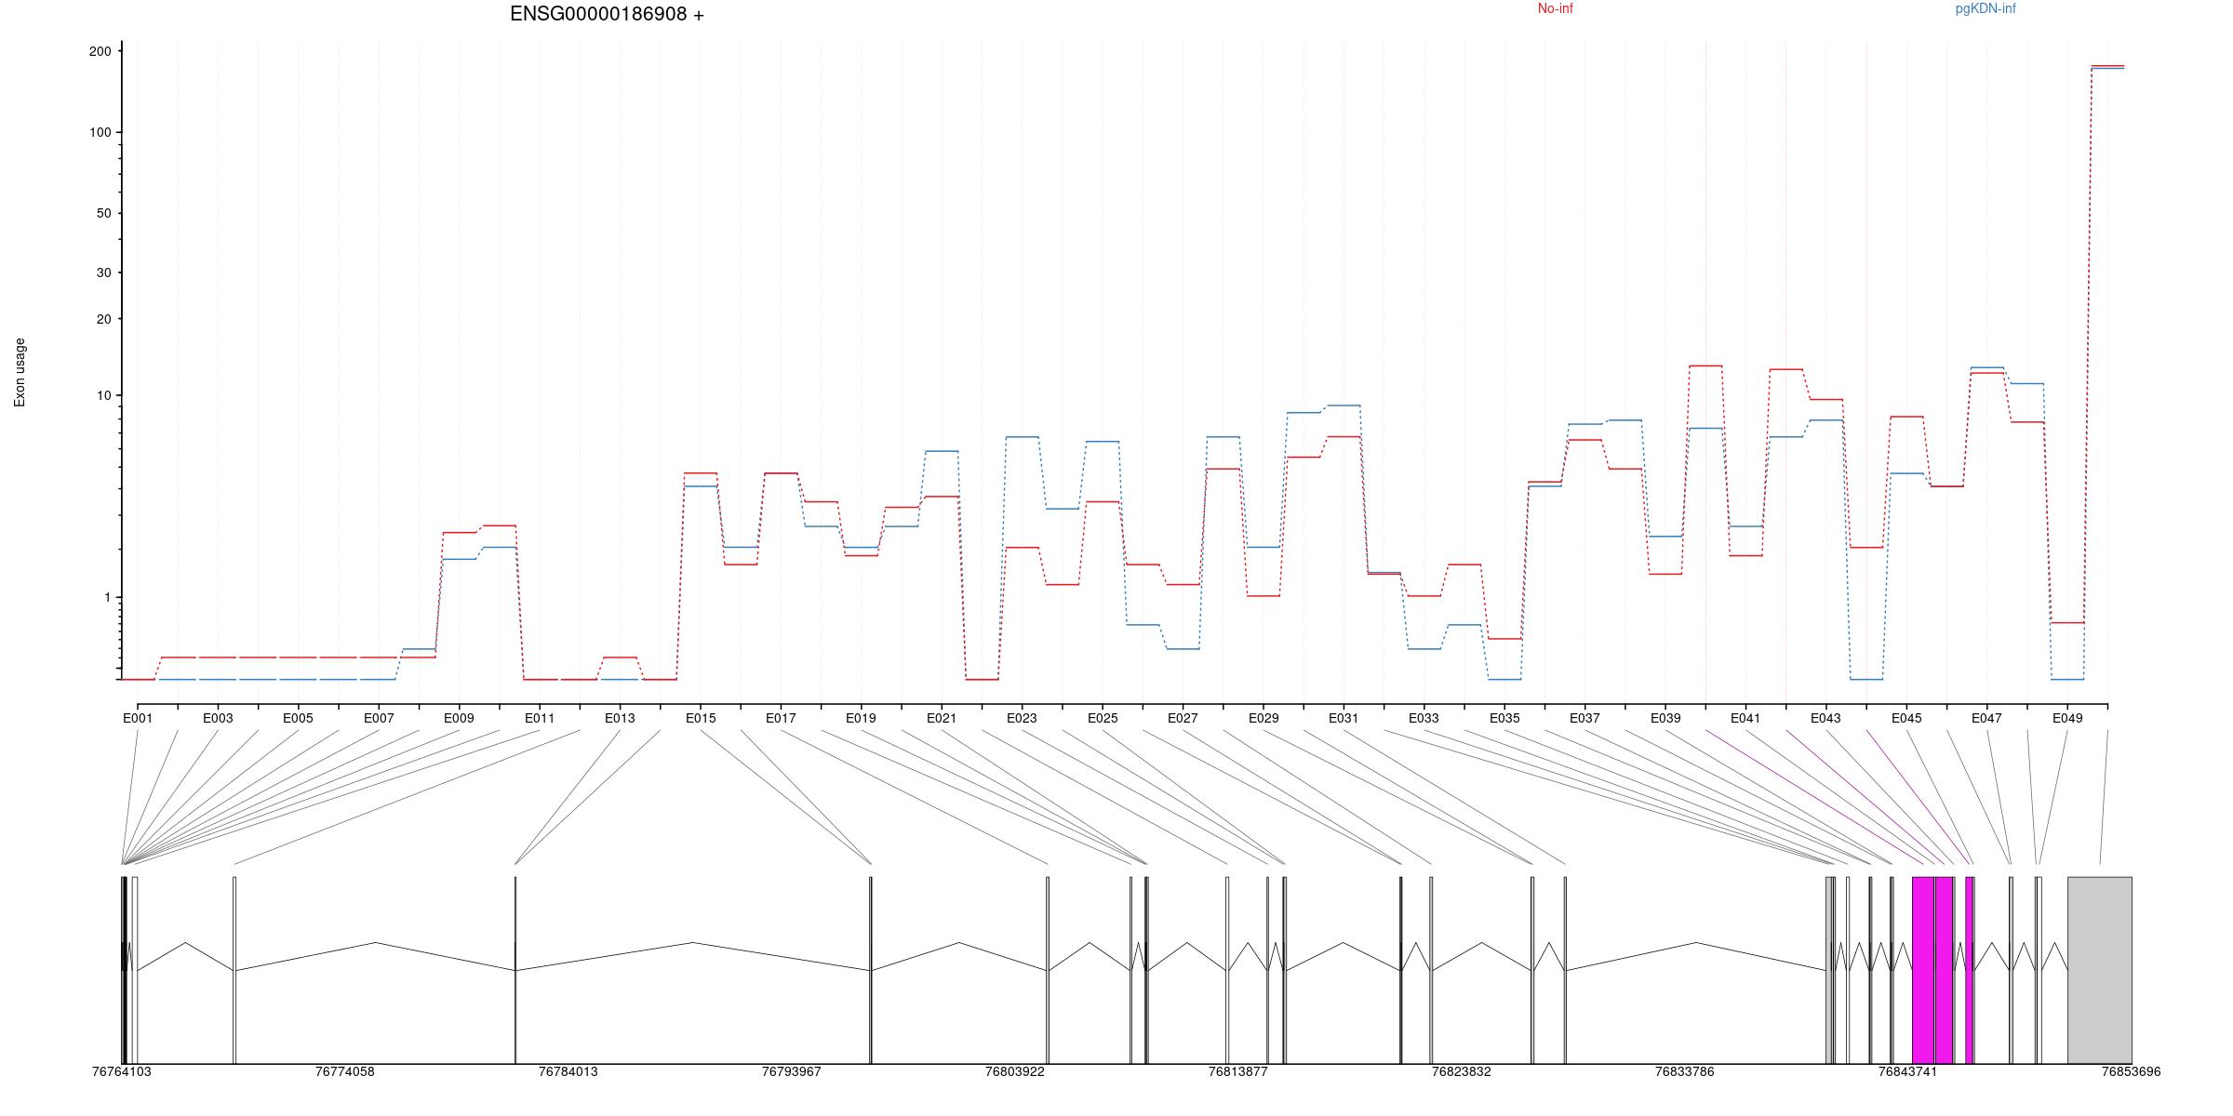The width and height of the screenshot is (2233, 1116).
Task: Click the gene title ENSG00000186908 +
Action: point(607,14)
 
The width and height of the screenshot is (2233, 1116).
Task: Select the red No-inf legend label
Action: point(1555,9)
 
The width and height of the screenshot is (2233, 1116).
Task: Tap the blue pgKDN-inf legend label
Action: point(1985,9)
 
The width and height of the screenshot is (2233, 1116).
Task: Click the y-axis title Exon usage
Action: point(20,372)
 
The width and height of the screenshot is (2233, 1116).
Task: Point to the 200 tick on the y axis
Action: point(100,51)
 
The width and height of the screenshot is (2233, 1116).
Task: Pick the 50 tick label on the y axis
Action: point(103,213)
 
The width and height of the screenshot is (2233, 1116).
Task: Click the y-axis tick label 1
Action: point(107,597)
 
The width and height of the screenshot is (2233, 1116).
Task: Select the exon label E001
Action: point(138,718)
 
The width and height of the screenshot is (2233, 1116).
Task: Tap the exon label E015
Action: point(701,718)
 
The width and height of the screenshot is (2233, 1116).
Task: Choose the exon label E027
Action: point(1183,718)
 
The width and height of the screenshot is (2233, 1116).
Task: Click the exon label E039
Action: point(1665,718)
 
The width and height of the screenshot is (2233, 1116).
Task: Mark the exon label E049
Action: point(2067,718)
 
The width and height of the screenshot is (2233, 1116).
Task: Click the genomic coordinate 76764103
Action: point(122,1071)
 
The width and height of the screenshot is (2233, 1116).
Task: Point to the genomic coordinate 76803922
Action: point(1014,1071)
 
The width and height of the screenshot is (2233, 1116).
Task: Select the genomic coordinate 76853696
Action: point(2131,1071)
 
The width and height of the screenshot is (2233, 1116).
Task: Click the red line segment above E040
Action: point(1705,366)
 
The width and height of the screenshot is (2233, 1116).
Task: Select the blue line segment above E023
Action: point(1023,437)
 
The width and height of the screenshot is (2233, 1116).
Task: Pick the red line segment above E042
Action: point(1785,370)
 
